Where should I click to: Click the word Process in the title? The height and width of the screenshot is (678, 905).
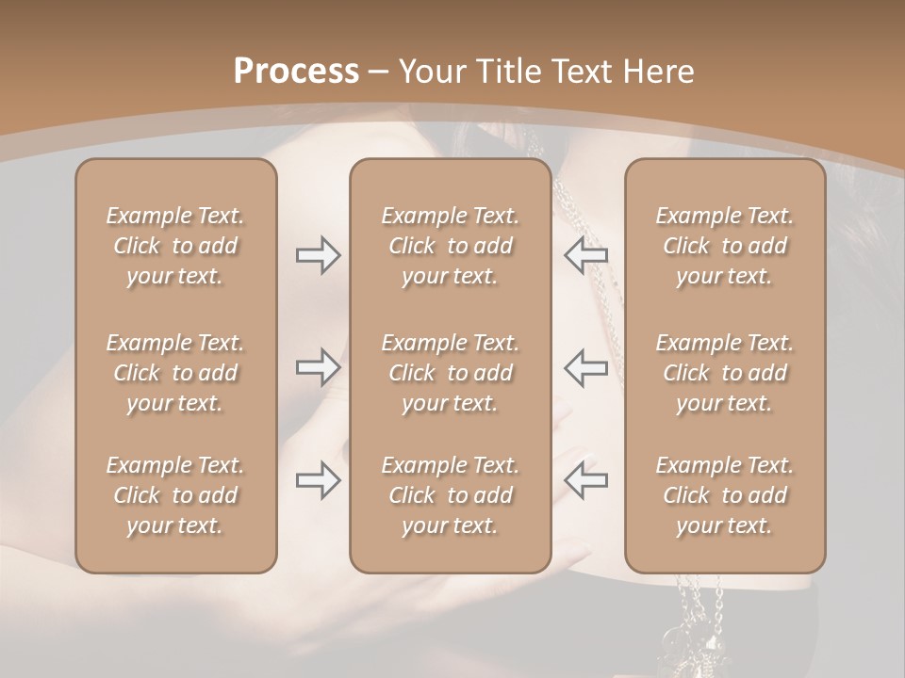point(296,72)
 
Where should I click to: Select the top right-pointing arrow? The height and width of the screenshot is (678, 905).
point(318,255)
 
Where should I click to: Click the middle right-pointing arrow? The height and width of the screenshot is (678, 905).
point(318,367)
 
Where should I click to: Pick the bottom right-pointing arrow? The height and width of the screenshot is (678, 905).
point(318,481)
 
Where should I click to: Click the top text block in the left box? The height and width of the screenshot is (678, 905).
point(175,246)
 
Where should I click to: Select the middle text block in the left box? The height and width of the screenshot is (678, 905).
point(175,373)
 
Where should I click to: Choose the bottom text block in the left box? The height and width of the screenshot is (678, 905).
point(175,495)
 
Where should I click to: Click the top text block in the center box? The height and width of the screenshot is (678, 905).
point(450,246)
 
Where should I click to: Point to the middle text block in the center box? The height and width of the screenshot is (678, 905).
point(450,373)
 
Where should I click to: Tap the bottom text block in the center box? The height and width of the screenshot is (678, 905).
point(450,495)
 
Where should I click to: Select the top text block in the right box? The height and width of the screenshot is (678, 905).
point(724,246)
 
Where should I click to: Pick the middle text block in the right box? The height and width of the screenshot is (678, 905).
point(724,373)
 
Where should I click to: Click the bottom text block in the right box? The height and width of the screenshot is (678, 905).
point(724,495)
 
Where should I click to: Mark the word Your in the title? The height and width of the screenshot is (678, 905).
point(431,72)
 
